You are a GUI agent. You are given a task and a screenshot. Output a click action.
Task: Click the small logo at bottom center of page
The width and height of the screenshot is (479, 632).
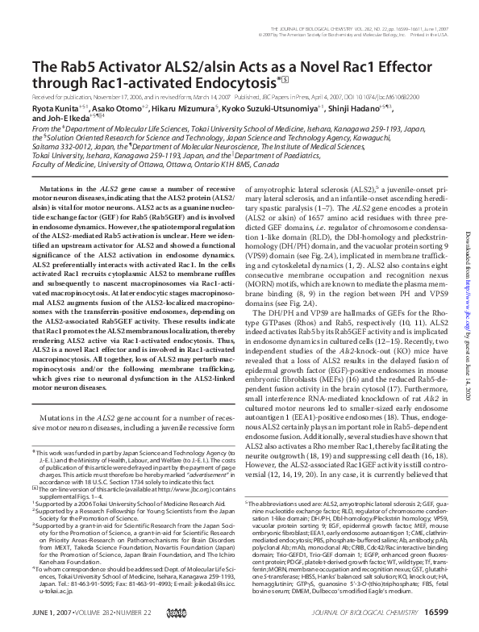240,615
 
